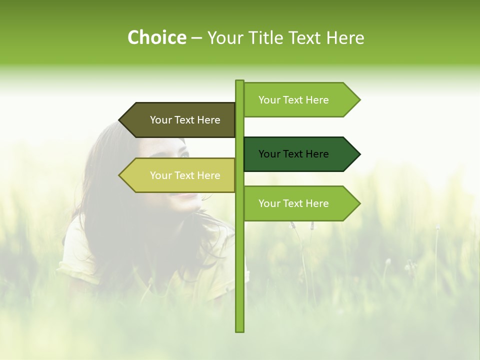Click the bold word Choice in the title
click(x=156, y=37)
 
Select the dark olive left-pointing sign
click(x=180, y=120)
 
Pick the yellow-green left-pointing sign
click(x=180, y=175)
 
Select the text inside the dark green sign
click(x=293, y=154)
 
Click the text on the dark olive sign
click(x=185, y=120)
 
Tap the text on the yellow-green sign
click(x=185, y=175)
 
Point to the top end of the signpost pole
click(x=239, y=81)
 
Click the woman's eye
click(x=183, y=155)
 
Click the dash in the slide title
click(x=196, y=38)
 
